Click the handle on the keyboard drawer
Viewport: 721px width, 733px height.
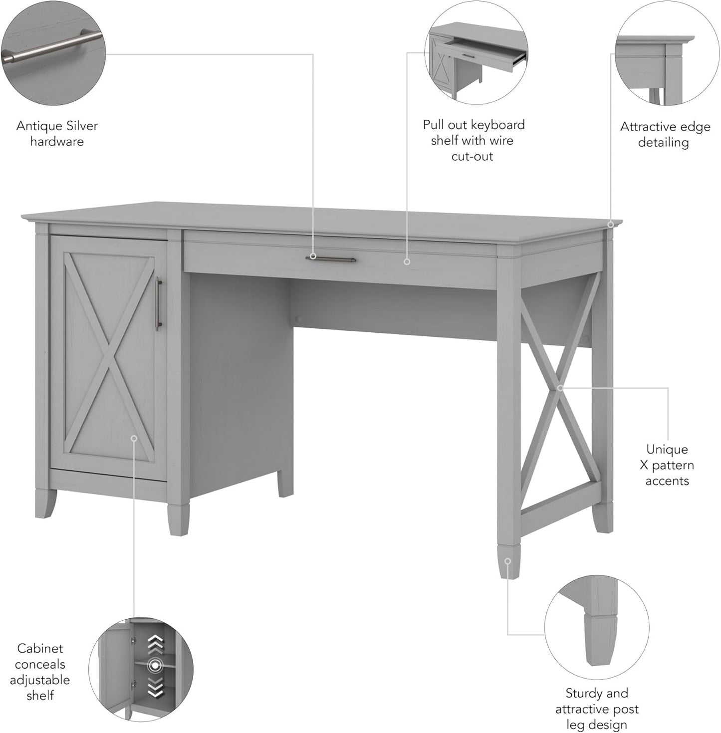point(330,259)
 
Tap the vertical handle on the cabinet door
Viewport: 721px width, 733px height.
point(158,304)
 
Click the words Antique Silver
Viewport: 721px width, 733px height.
point(57,126)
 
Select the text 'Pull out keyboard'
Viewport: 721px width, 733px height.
point(474,125)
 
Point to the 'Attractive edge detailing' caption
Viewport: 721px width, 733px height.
point(665,135)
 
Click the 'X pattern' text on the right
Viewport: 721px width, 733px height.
point(667,465)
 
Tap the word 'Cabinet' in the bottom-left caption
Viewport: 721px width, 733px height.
point(40,648)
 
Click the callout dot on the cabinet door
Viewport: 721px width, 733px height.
point(134,438)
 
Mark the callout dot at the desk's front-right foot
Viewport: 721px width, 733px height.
point(507,561)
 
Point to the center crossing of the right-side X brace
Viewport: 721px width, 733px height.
point(560,388)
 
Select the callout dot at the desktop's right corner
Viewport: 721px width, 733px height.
point(611,225)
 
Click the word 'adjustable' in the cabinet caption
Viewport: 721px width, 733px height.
point(40,680)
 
